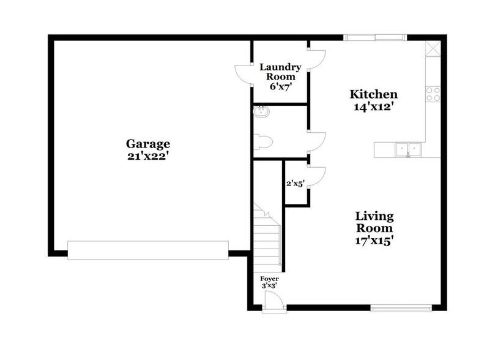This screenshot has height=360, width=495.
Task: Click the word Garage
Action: pyautogui.click(x=147, y=144)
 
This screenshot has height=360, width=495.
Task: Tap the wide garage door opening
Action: pyautogui.click(x=147, y=250)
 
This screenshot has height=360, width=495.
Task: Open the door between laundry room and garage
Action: pyautogui.click(x=245, y=74)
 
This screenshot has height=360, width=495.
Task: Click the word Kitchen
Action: pyautogui.click(x=373, y=95)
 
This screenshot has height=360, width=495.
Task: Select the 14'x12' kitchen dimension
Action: pyautogui.click(x=373, y=107)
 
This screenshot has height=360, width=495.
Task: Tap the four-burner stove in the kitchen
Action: pyautogui.click(x=434, y=93)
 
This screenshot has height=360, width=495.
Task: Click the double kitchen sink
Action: pyautogui.click(x=407, y=148)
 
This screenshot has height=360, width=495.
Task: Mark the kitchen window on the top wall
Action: pyautogui.click(x=374, y=37)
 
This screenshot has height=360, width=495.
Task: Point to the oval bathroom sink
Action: pyautogui.click(x=261, y=111)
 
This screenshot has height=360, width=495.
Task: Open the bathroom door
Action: pyautogui.click(x=316, y=142)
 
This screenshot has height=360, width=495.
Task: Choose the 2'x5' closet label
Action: pyautogui.click(x=296, y=183)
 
